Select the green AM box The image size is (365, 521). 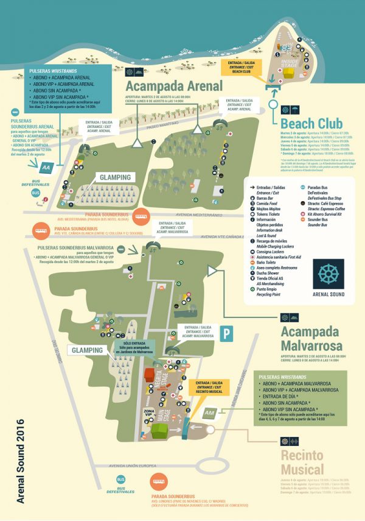[209, 414]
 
